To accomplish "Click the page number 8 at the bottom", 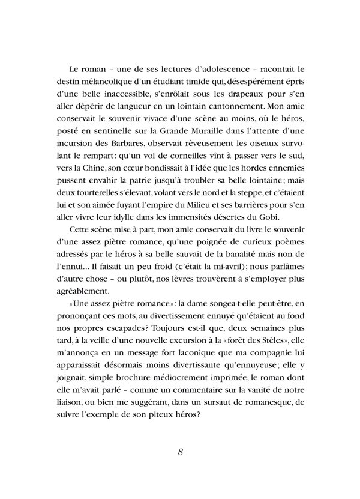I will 180,452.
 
